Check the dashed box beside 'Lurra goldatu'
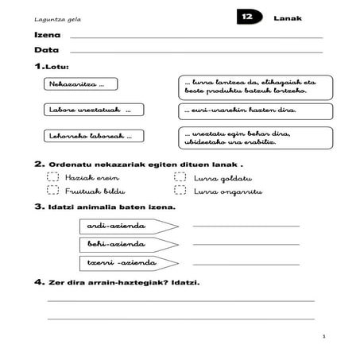point(180,178)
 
